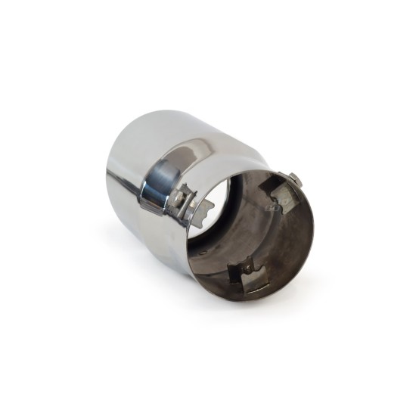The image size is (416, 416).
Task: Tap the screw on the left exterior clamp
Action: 179,199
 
